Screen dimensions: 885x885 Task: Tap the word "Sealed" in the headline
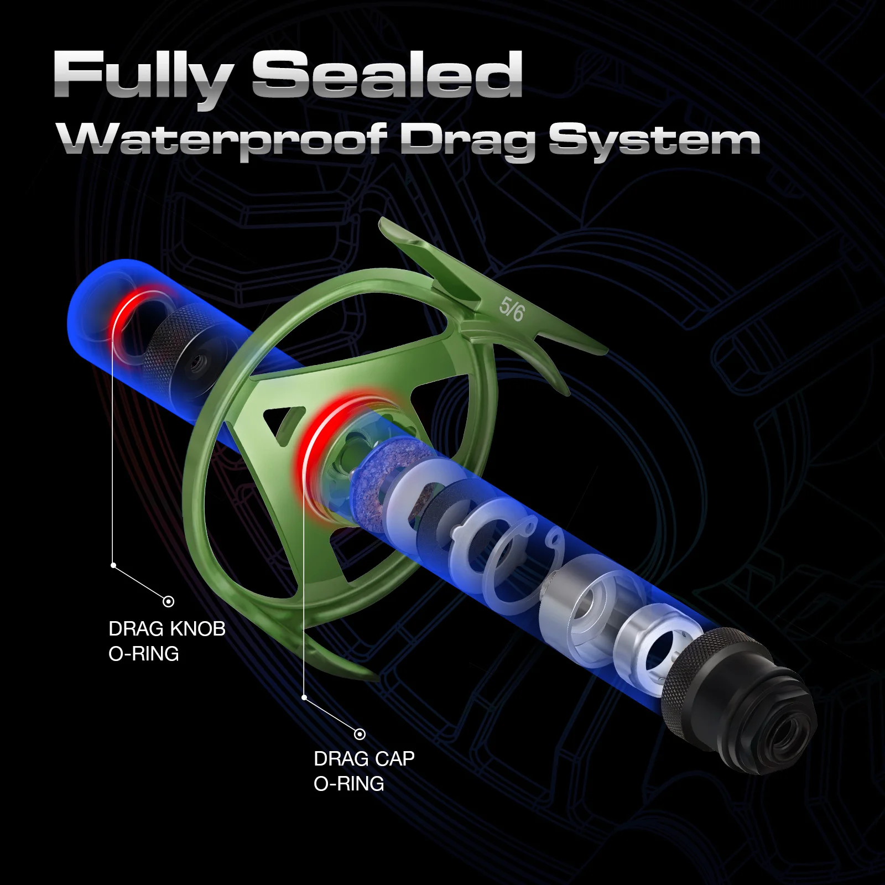387,75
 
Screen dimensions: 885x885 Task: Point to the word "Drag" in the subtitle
467,141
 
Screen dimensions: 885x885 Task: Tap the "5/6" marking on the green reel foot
511,309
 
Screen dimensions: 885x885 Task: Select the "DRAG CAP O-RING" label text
364,771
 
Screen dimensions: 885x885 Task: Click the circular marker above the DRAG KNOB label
169,601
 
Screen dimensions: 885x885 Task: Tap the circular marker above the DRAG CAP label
360,734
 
